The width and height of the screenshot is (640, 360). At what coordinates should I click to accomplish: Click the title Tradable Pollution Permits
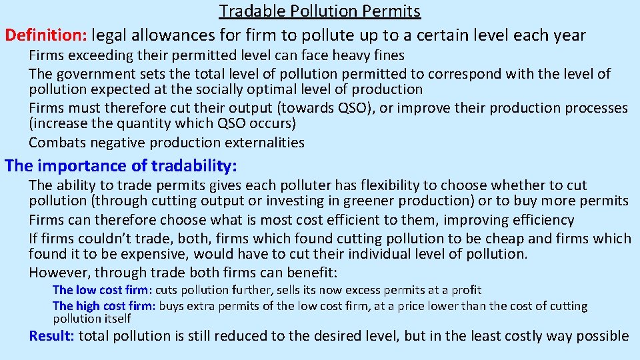[x=320, y=11]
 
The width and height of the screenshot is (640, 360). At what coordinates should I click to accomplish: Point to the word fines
[x=387, y=56]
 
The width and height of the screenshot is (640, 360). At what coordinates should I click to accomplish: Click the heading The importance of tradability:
[x=121, y=165]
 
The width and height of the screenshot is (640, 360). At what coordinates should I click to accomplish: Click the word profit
[x=466, y=290]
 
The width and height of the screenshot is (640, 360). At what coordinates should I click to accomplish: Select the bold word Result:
[x=52, y=335]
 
